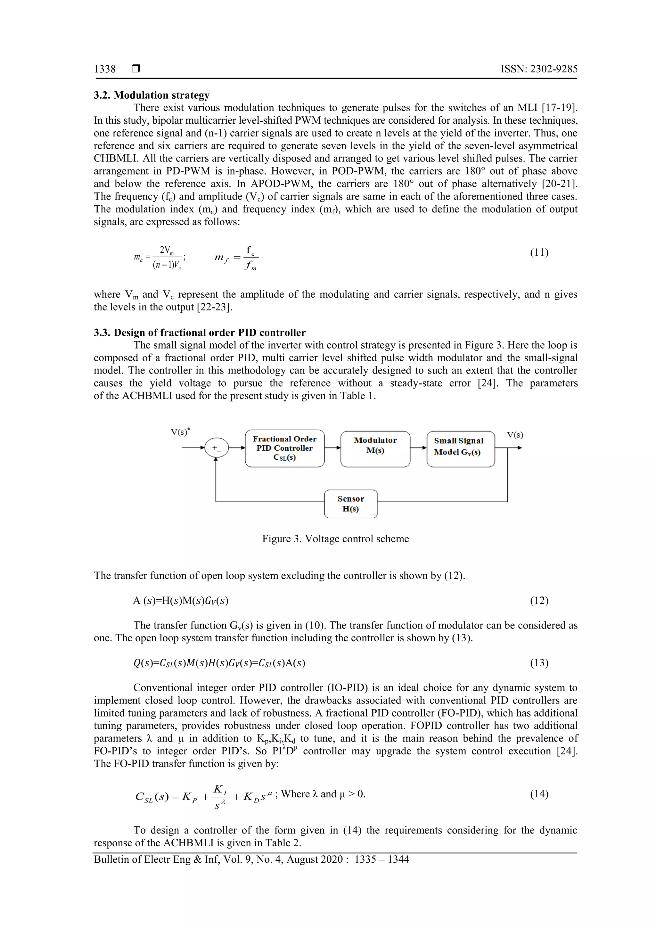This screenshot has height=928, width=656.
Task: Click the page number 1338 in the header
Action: (x=105, y=69)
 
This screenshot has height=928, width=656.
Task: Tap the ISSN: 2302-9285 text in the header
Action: (x=539, y=69)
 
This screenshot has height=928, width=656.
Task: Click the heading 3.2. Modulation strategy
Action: (x=152, y=95)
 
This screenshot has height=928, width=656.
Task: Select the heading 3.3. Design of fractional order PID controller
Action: (x=200, y=332)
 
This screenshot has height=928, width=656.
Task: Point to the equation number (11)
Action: (x=539, y=253)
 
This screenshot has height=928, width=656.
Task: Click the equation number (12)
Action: (x=539, y=600)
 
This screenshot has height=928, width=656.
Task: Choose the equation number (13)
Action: (x=539, y=663)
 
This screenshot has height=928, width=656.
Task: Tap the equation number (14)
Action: (x=539, y=794)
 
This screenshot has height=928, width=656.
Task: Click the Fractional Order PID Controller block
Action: (x=284, y=448)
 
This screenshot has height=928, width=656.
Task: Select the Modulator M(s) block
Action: (x=375, y=448)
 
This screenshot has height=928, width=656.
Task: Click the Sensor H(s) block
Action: (x=351, y=504)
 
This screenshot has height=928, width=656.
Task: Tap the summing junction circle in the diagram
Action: (x=216, y=448)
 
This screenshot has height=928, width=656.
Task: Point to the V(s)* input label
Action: (x=180, y=432)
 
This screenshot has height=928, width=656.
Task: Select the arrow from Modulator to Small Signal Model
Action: (x=418, y=448)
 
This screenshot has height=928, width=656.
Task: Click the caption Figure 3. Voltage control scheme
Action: (x=335, y=539)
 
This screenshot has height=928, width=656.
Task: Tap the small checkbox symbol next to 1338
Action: (x=136, y=69)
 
